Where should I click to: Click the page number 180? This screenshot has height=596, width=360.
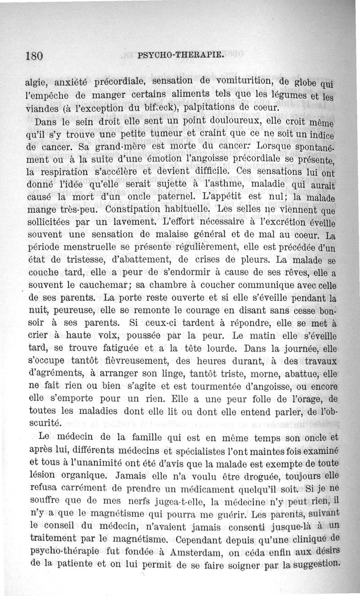[x=34, y=55]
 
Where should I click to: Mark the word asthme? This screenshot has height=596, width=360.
[x=216, y=184]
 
